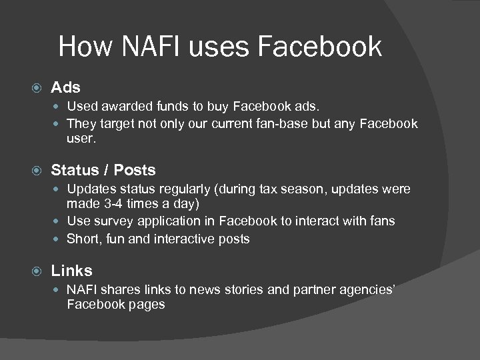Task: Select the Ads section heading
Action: click(66, 88)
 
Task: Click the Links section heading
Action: click(72, 271)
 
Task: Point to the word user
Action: click(81, 140)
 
